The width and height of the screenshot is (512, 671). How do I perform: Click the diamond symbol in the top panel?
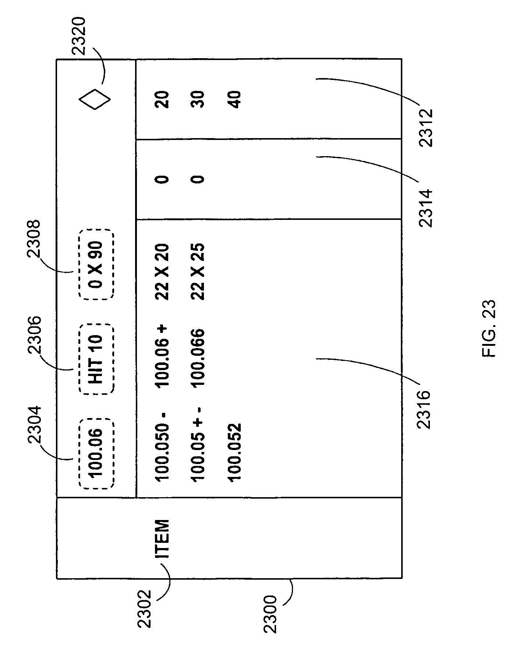click(95, 99)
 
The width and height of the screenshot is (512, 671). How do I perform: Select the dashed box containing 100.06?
click(96, 453)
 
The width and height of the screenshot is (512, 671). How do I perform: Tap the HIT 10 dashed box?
click(96, 359)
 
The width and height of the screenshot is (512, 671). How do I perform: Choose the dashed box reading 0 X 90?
click(96, 264)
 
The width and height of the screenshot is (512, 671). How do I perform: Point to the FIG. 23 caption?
click(488, 329)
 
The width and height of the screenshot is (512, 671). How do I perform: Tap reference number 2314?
click(427, 208)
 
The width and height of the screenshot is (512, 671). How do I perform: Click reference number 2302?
click(144, 608)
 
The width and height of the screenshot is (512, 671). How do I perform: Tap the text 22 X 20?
click(162, 271)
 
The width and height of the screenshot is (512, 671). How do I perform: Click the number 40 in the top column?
click(234, 99)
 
